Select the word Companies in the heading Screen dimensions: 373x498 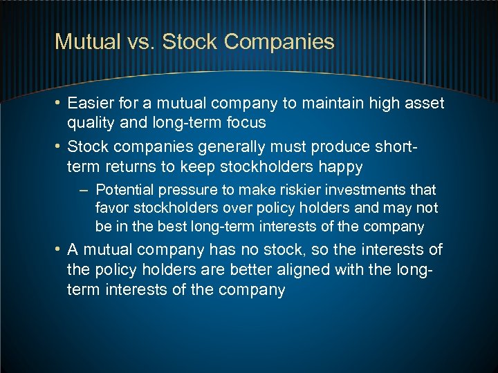coord(279,41)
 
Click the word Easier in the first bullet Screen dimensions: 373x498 coord(89,104)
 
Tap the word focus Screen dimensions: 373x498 coord(246,122)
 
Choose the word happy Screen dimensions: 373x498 coord(340,166)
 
